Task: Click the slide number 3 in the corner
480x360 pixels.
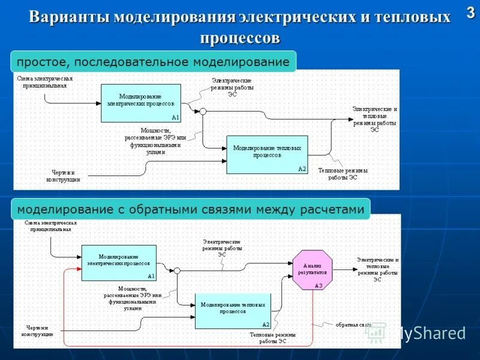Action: tap(470, 14)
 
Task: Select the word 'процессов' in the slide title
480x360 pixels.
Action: tap(240, 38)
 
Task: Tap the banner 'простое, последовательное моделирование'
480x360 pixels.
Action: tap(154, 62)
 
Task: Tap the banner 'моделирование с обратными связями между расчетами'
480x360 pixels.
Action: tap(190, 209)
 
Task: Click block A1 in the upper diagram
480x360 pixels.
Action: tap(140, 103)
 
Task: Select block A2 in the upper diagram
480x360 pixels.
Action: tap(266, 154)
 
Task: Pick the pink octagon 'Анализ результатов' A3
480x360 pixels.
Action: tap(312, 269)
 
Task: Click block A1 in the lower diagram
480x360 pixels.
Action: tap(118, 262)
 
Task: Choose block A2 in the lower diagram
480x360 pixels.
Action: tap(233, 311)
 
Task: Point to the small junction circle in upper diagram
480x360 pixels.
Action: tap(203, 111)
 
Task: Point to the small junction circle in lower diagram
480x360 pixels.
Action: tap(177, 271)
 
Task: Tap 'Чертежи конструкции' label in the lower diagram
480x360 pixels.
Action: tap(40, 331)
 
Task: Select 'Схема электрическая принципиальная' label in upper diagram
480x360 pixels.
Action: tap(45, 82)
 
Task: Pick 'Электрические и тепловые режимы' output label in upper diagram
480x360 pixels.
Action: tap(374, 119)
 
